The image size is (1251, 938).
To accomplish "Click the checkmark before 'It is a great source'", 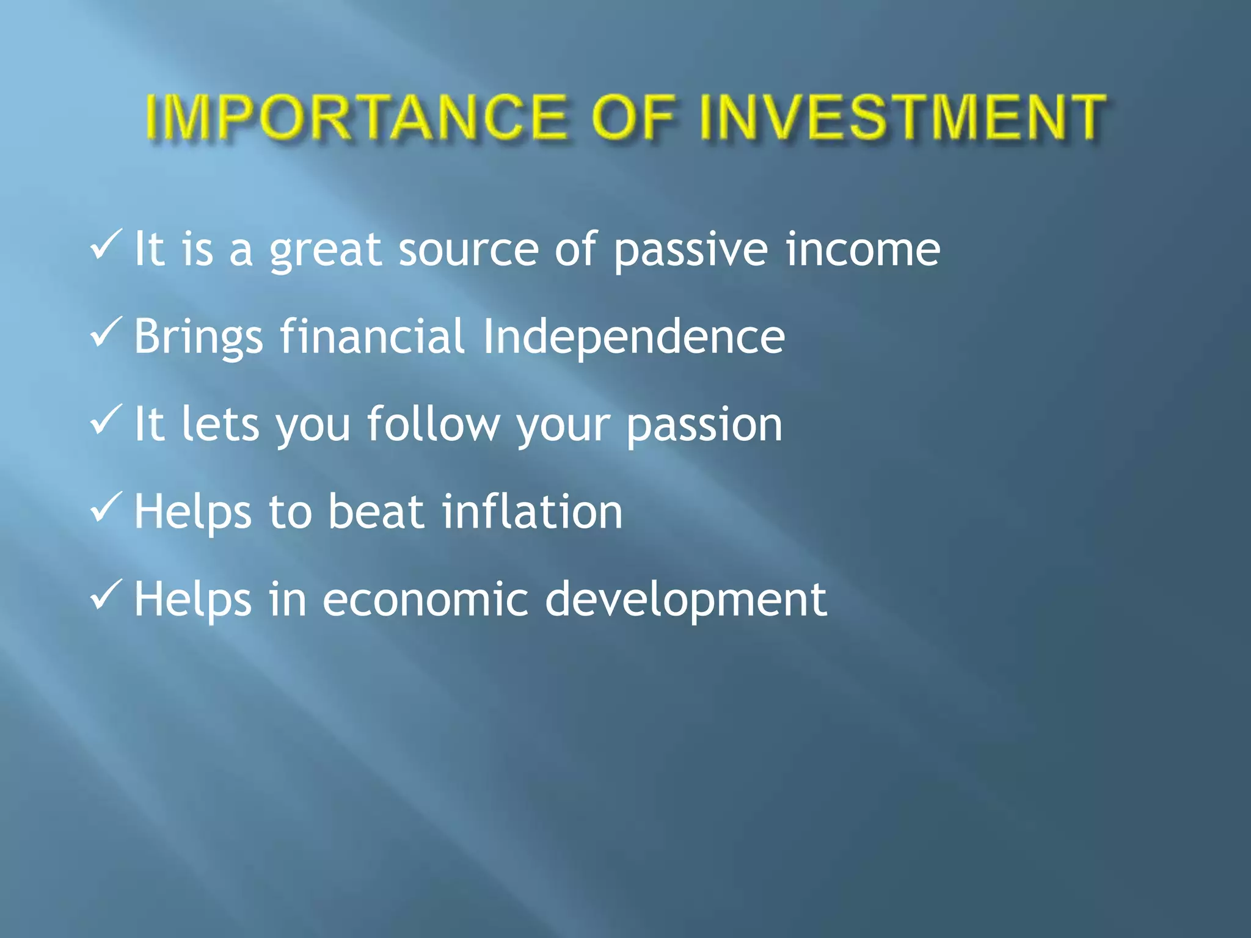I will [x=106, y=245].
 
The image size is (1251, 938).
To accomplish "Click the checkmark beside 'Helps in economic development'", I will [x=106, y=595].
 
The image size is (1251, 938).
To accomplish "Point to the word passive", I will [x=690, y=250].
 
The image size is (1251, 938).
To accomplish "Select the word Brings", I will [x=198, y=338].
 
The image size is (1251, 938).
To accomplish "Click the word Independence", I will [x=633, y=338].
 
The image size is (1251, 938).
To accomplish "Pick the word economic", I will [x=425, y=600].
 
